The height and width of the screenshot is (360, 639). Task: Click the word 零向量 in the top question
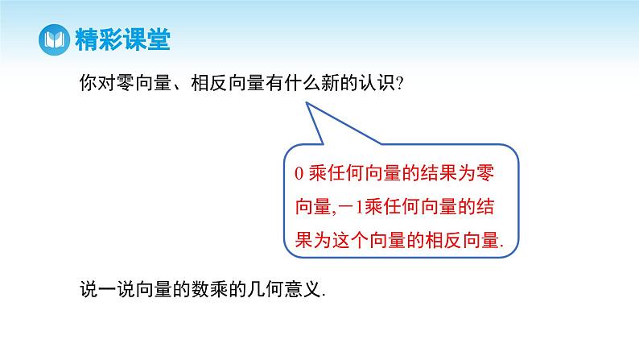point(147,83)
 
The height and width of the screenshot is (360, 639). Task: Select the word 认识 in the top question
point(377,83)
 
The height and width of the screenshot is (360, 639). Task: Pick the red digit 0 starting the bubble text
point(298,174)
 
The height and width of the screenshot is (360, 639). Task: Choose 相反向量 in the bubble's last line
point(458,239)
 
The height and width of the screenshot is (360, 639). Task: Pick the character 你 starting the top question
point(90,83)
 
